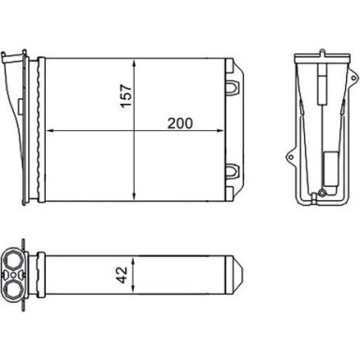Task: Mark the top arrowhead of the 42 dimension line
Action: click(x=137, y=255)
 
